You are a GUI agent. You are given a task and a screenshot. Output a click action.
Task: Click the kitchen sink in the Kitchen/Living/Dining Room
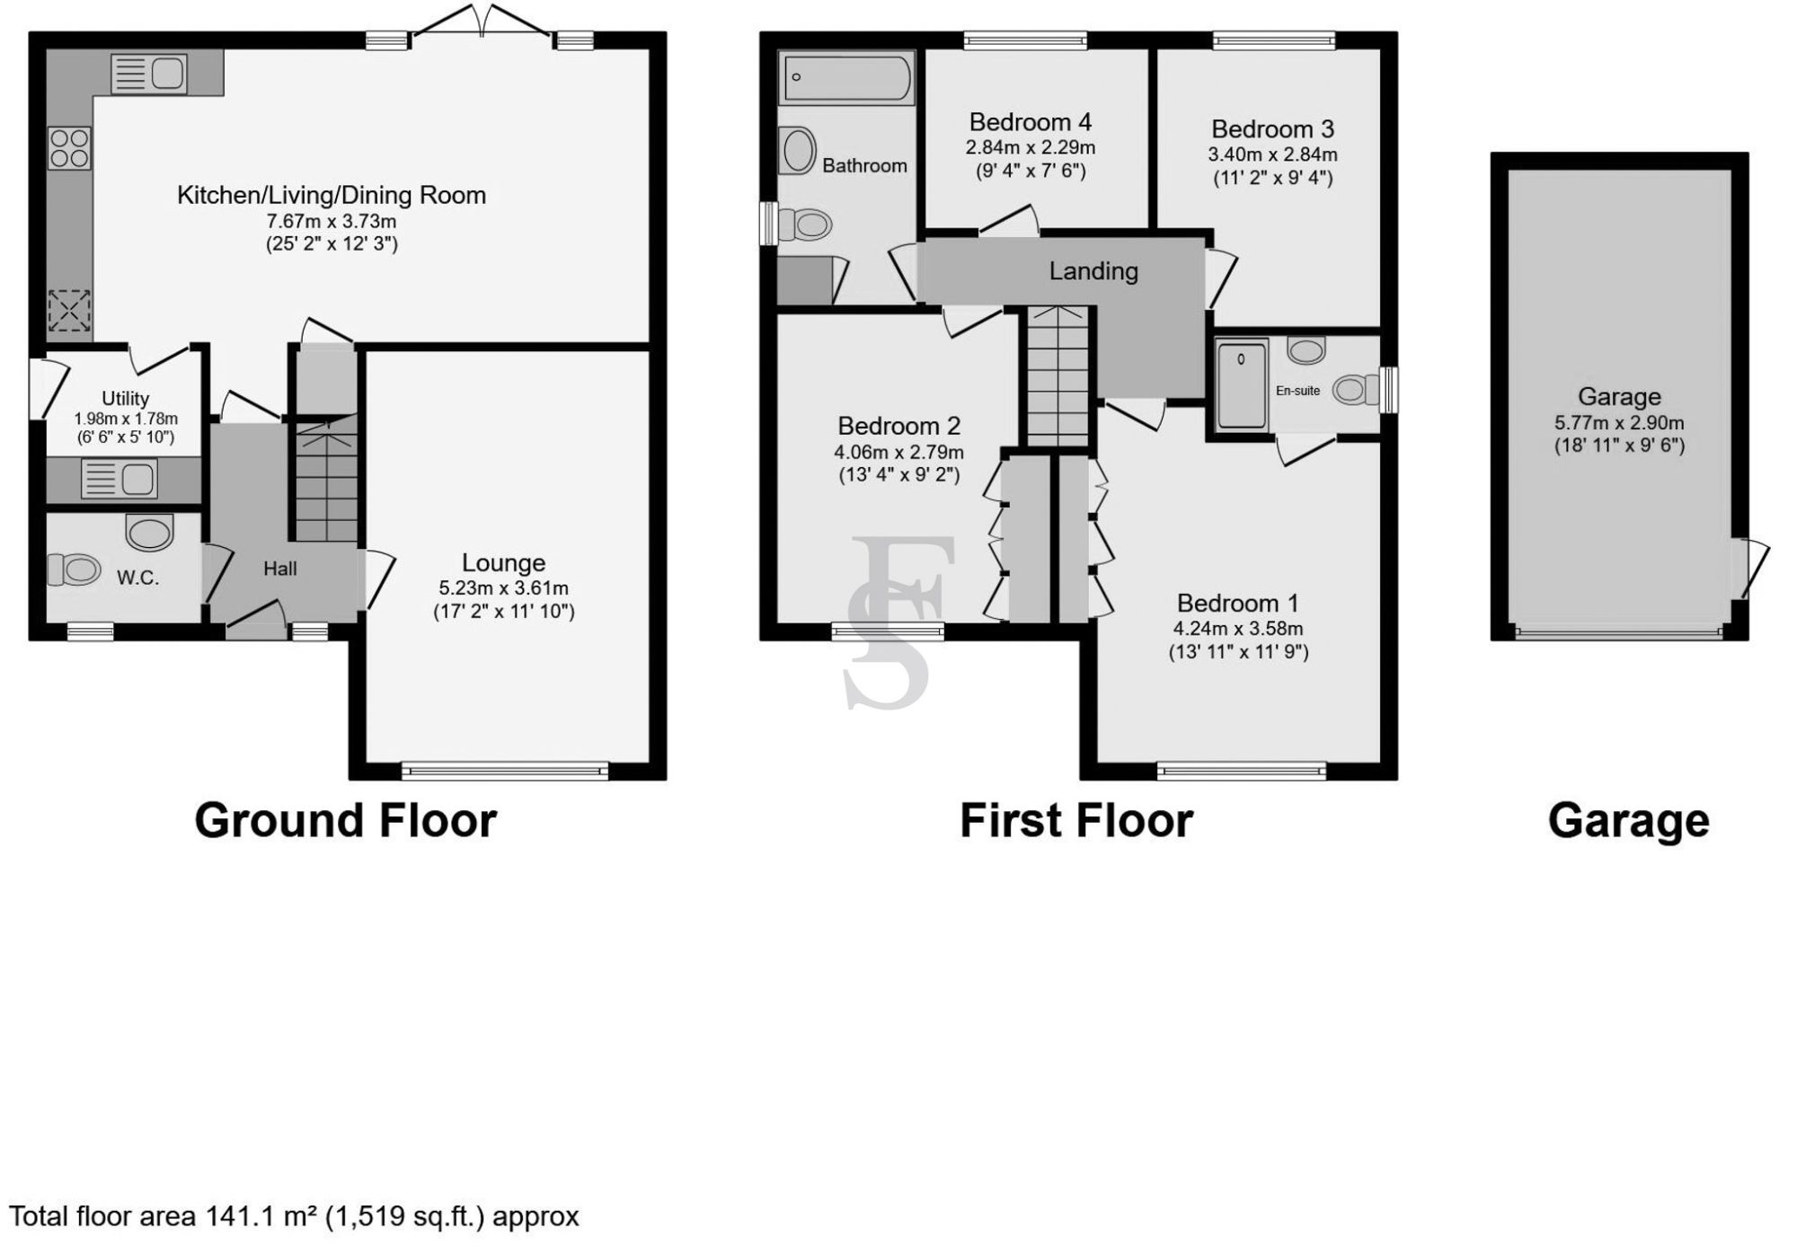(149, 74)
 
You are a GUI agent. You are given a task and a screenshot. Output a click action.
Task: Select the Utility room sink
(120, 479)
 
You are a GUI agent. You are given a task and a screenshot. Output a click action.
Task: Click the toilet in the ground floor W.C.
(74, 570)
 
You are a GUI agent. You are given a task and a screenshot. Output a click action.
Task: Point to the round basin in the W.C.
(149, 533)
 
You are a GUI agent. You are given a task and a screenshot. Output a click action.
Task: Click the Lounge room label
(503, 563)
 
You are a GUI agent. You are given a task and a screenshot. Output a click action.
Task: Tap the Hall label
(279, 569)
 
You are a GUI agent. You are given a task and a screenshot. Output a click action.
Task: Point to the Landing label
(1093, 271)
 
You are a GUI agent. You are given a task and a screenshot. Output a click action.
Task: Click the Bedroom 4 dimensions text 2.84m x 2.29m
(1031, 147)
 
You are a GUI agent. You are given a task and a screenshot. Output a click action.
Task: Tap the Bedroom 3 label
(1272, 129)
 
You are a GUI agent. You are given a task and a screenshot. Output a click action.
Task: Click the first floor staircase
(1058, 377)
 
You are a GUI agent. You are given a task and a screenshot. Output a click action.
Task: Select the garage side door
(1750, 568)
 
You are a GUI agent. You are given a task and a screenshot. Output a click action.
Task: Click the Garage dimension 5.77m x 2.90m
(1619, 422)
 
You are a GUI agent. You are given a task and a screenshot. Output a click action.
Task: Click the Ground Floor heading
(345, 820)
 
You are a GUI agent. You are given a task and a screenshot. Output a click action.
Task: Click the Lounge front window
(505, 770)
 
